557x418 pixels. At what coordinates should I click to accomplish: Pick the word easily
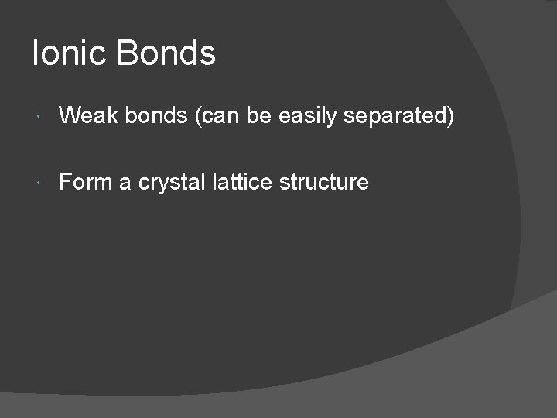pyautogui.click(x=307, y=117)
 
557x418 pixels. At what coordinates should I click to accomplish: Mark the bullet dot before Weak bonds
pyautogui.click(x=39, y=117)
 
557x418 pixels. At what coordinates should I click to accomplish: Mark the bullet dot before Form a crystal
pyautogui.click(x=39, y=183)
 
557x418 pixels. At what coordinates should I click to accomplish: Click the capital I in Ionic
pyautogui.click(x=36, y=53)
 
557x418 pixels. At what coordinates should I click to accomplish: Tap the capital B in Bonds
pyautogui.click(x=128, y=53)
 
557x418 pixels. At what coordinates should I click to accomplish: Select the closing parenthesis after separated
pyautogui.click(x=450, y=117)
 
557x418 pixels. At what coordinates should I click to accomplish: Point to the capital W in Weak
pyautogui.click(x=70, y=116)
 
